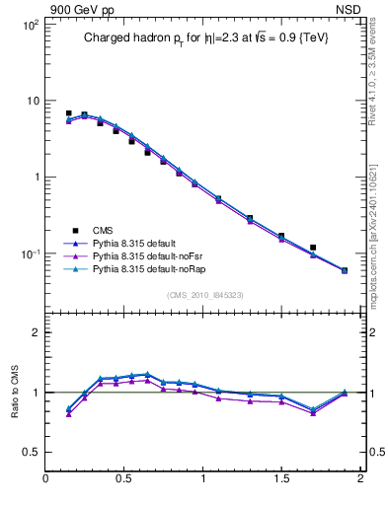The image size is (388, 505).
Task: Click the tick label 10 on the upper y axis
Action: click(32, 101)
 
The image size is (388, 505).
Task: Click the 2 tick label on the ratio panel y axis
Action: click(35, 332)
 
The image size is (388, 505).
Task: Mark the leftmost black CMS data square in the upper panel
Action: click(68, 113)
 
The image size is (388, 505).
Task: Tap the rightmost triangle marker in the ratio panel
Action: click(345, 393)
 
